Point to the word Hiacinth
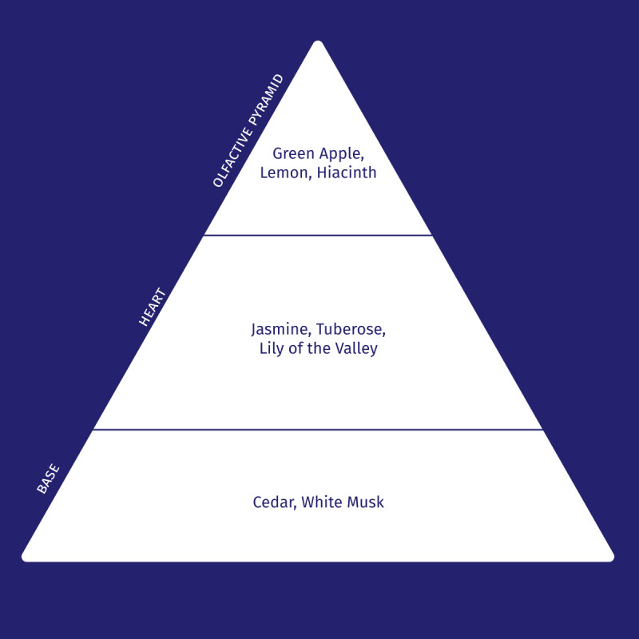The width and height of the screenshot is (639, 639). (347, 173)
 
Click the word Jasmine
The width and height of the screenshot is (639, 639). (280, 329)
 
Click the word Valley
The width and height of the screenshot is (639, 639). (355, 349)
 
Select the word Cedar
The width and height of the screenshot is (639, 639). (274, 502)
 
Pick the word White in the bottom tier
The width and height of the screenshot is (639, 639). (323, 502)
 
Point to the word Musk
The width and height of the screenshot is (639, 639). (366, 502)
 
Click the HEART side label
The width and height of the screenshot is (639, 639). (152, 307)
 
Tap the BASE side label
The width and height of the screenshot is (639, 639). (48, 478)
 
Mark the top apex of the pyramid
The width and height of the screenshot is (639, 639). (318, 43)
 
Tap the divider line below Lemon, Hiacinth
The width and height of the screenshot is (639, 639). (318, 236)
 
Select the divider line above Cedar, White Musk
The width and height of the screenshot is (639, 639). (318, 430)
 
